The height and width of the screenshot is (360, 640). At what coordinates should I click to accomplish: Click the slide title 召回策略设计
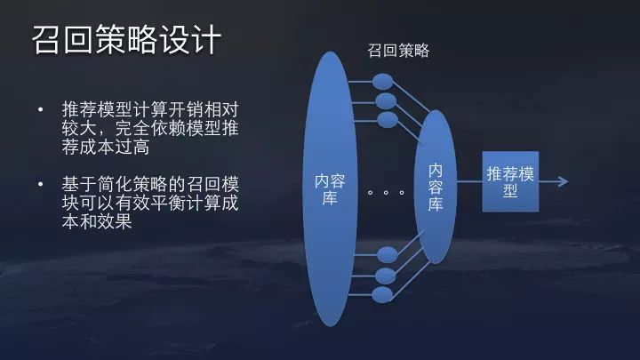point(126,40)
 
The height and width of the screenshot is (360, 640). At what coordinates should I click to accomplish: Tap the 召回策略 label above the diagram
point(398,51)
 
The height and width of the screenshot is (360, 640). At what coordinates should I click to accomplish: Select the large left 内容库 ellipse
point(330,188)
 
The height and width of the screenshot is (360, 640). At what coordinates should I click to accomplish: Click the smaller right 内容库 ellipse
point(435,187)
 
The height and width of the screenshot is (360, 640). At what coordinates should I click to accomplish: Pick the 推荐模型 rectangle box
point(510,181)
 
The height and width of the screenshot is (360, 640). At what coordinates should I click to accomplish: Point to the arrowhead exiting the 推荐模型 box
point(564,181)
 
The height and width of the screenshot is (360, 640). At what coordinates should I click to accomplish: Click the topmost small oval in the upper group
point(383,81)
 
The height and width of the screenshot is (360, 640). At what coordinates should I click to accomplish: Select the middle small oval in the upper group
point(386,101)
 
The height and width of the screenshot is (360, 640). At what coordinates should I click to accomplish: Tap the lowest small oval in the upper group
point(387,120)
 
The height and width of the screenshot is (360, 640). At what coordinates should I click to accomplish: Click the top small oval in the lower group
point(387,255)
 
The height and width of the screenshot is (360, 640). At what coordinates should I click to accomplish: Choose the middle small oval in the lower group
point(385,276)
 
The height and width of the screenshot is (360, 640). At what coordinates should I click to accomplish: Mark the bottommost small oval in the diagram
point(382,295)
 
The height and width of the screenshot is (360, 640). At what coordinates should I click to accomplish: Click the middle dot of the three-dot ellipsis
point(386,192)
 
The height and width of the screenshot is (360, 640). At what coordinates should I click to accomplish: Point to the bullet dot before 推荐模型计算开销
point(40,109)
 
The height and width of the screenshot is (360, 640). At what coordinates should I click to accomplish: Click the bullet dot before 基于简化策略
point(40,184)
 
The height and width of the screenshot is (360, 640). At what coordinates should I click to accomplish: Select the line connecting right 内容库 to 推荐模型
point(469,181)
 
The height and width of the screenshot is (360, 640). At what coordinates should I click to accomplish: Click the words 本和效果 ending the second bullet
point(97,221)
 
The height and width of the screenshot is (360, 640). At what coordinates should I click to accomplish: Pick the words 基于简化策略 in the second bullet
point(115,184)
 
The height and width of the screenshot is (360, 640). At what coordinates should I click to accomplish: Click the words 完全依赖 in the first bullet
point(150,128)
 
